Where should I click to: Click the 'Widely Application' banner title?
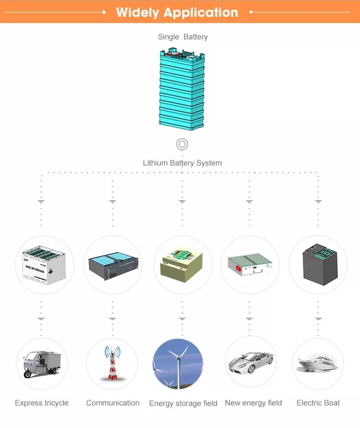[x=177, y=12]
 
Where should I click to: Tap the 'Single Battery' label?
[x=183, y=37]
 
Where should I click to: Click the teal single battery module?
[x=182, y=89]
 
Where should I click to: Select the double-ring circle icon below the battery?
[x=182, y=144]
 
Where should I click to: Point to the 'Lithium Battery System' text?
[x=182, y=163]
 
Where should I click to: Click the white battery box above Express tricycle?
[x=44, y=265]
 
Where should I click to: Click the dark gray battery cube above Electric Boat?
[x=320, y=264]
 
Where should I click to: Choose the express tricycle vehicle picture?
[x=42, y=364]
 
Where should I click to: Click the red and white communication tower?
[x=112, y=363]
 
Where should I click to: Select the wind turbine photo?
[x=178, y=364]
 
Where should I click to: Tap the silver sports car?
[x=251, y=363]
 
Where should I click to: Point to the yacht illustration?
[x=318, y=364]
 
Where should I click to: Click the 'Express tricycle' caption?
[x=42, y=403]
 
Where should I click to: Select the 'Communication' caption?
[x=113, y=403]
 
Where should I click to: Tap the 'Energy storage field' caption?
[x=183, y=404]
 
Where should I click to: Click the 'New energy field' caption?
[x=253, y=403]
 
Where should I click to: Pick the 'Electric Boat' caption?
[x=318, y=403]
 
